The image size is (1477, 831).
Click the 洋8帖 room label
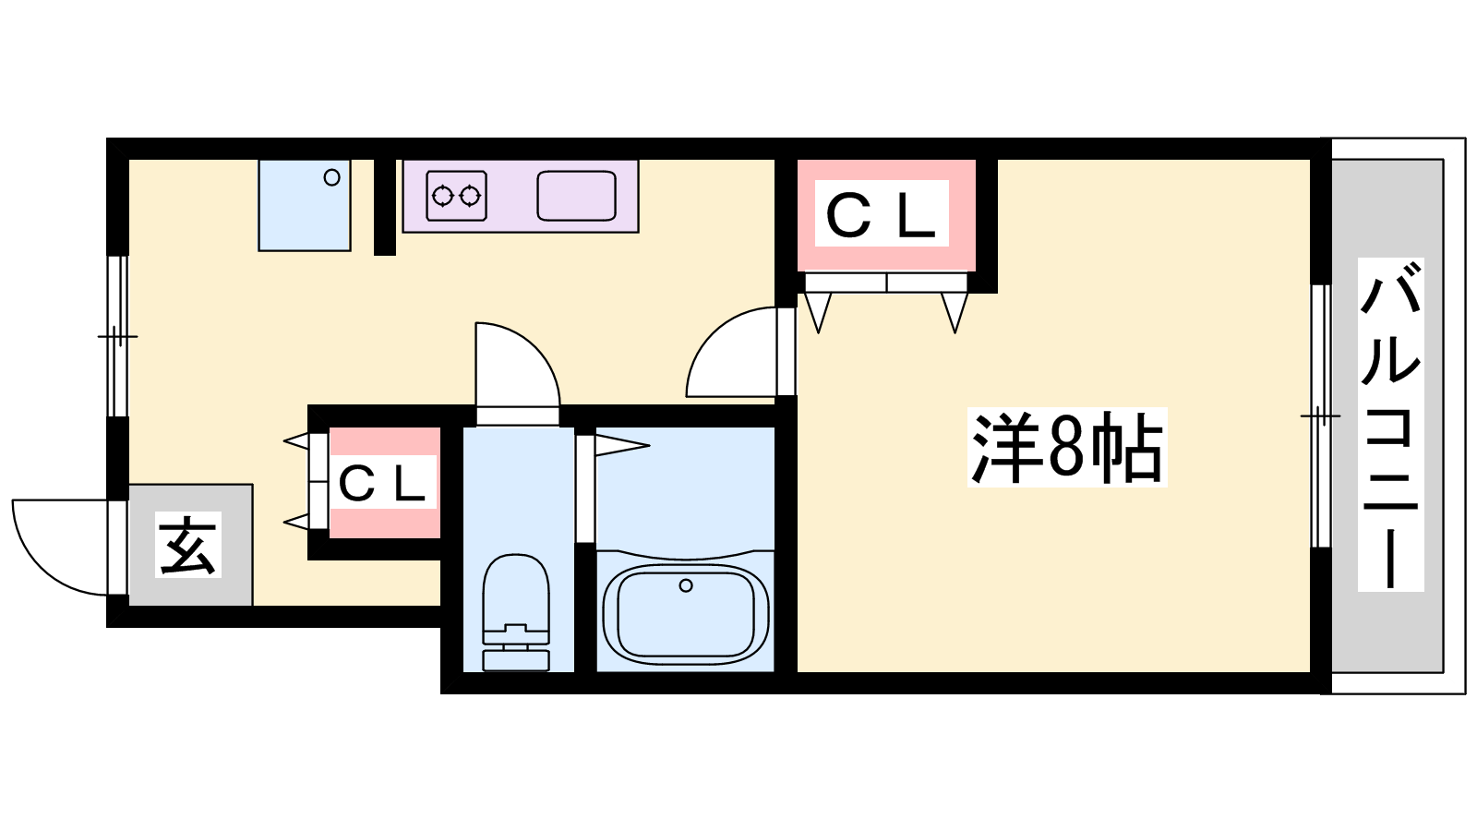coord(1067,448)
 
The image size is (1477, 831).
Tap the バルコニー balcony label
coord(1390,425)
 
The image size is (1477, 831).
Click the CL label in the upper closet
coord(882,214)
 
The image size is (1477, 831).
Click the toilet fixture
coord(516,609)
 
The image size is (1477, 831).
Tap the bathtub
coord(685,613)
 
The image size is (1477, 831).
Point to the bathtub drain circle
coord(685,585)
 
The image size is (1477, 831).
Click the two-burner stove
coord(456,196)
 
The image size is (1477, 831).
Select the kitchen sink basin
coord(576,196)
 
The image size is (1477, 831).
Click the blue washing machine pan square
coord(304,205)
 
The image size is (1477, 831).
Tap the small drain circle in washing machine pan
coord(331,178)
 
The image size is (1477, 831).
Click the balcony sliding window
coord(1321,415)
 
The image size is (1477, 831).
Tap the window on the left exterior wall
coord(117,336)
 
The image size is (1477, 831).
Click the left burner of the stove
coord(443,196)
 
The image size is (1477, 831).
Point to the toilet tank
coord(516,657)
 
